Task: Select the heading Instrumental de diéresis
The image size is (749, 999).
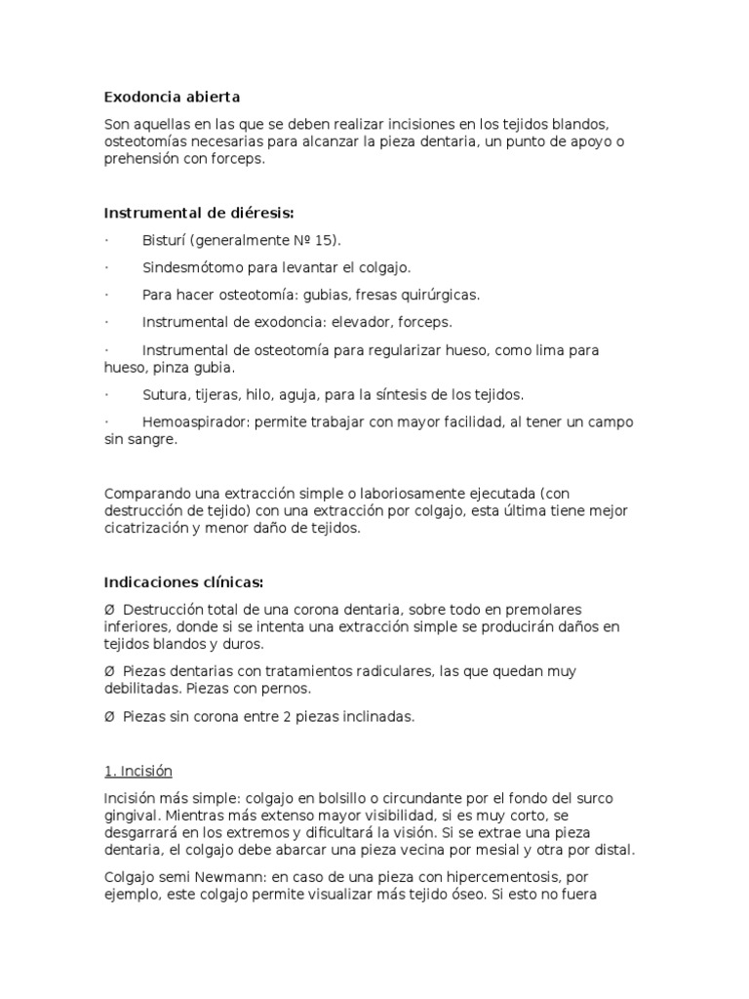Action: (198, 214)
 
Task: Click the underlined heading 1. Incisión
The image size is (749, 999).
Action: (138, 771)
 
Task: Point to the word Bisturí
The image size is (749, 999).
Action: (164, 240)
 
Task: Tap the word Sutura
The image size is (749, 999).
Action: (164, 395)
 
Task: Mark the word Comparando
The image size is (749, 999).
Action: (143, 495)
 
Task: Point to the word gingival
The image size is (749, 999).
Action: (130, 816)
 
